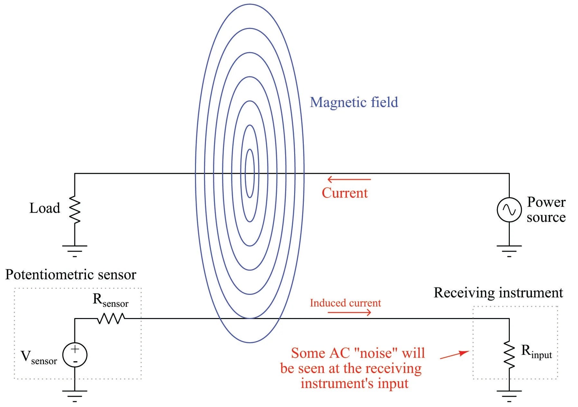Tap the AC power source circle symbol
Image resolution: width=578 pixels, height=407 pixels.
click(x=509, y=210)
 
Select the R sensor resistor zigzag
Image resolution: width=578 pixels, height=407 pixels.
click(x=111, y=319)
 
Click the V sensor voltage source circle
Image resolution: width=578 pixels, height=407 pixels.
click(x=75, y=355)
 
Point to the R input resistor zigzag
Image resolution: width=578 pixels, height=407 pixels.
click(x=509, y=354)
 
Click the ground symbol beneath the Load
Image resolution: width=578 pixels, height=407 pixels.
click(x=75, y=250)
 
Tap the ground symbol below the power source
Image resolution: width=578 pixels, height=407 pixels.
click(x=509, y=250)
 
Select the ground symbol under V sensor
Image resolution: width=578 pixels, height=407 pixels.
click(x=75, y=395)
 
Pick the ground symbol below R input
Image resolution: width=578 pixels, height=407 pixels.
click(x=509, y=395)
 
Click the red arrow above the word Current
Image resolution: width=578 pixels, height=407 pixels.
click(x=349, y=179)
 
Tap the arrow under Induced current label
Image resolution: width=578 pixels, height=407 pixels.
click(x=350, y=312)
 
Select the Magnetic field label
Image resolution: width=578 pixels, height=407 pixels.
click(x=354, y=102)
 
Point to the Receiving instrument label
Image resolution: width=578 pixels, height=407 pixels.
click(x=498, y=293)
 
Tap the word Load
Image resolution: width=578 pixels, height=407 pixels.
click(x=45, y=208)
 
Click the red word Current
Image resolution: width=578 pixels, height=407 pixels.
click(x=345, y=193)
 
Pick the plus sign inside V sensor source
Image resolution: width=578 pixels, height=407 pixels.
click(x=75, y=349)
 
